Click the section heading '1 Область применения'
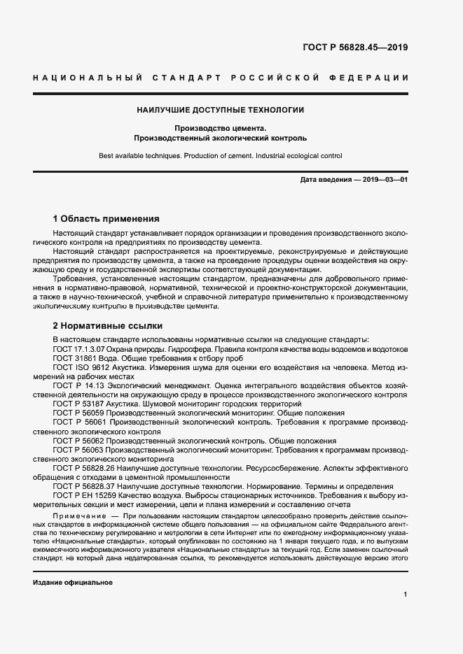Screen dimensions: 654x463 click(x=106, y=218)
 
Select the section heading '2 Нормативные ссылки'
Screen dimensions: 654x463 click(x=108, y=326)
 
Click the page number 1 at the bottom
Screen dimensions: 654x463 click(x=406, y=594)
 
